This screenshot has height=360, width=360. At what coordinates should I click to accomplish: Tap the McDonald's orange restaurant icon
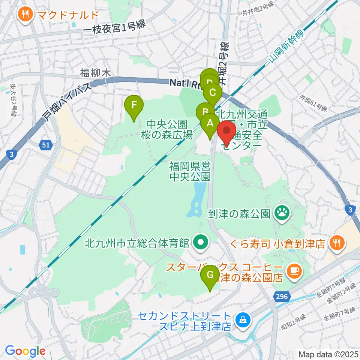pyautogui.click(x=25, y=15)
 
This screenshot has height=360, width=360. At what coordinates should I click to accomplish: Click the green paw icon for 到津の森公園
pyautogui.click(x=281, y=214)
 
